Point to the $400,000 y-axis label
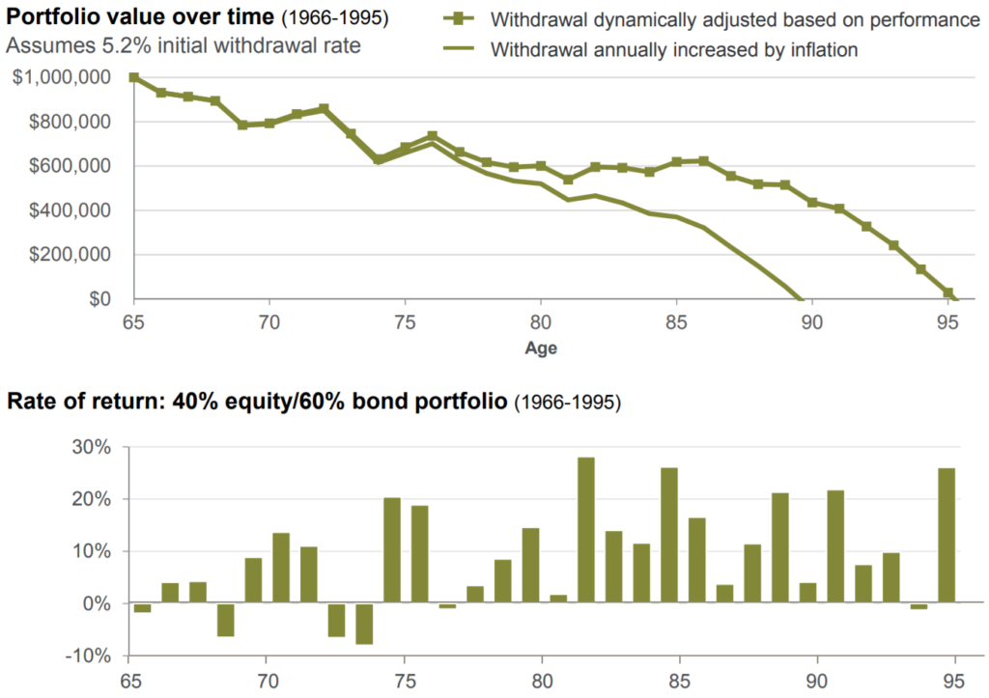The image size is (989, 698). [70, 210]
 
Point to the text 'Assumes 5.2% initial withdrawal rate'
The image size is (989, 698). [184, 44]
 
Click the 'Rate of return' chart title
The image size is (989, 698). [255, 401]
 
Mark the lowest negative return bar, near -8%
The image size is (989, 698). [364, 624]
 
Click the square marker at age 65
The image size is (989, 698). [133, 77]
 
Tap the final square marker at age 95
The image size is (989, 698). [947, 293]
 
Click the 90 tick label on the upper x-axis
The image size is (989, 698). [811, 321]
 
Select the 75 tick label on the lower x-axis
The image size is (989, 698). [405, 680]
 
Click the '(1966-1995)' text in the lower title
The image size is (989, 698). [566, 402]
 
